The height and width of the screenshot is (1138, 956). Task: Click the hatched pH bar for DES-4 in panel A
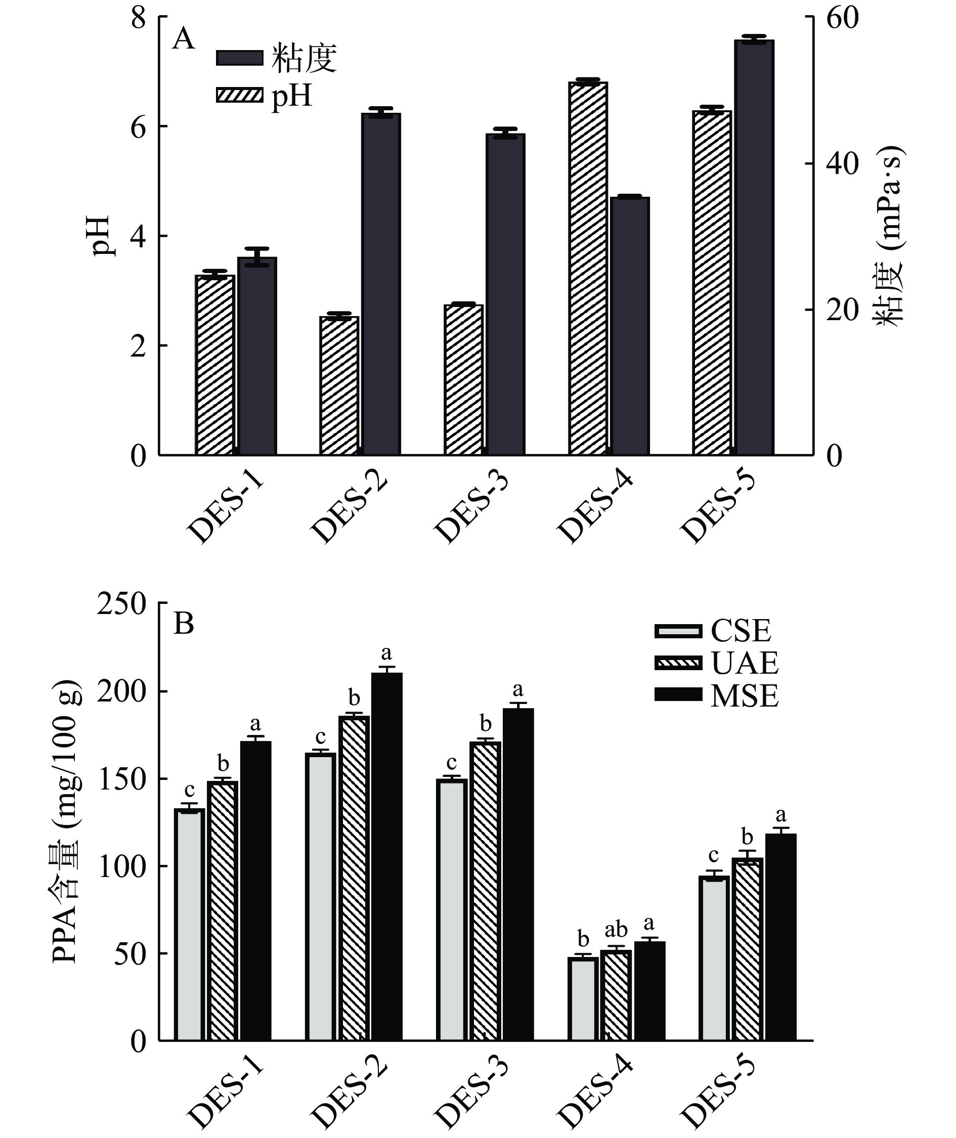[x=588, y=269]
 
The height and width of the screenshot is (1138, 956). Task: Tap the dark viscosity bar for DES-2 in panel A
[x=381, y=284]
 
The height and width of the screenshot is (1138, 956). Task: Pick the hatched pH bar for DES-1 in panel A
[x=215, y=365]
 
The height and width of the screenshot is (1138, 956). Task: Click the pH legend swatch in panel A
[x=239, y=96]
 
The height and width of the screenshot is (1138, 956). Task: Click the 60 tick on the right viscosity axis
[x=842, y=18]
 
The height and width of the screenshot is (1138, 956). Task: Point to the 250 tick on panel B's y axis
[x=121, y=603]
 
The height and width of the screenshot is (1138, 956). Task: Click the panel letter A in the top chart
[x=183, y=39]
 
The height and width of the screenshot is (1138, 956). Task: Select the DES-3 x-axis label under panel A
[x=471, y=509]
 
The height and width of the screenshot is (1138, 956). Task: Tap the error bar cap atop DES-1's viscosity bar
[x=257, y=249]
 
